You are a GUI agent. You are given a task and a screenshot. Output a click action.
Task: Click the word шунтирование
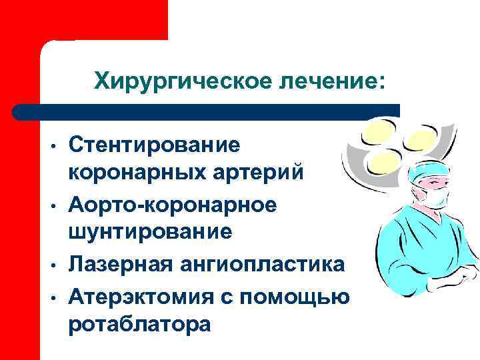(149, 232)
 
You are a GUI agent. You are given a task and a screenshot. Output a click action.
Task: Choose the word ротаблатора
(139, 323)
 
